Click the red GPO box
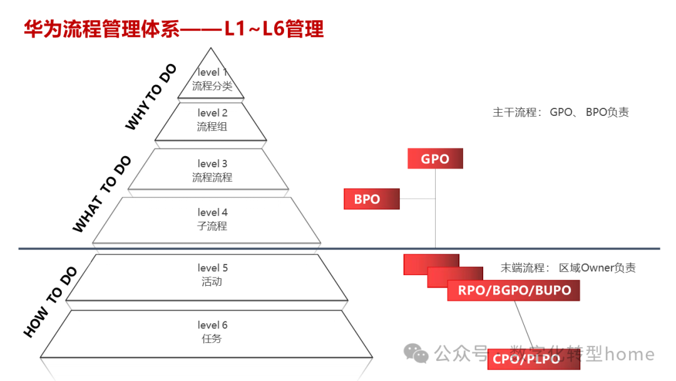[435, 159]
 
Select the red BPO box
[371, 199]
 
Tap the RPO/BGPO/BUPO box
[514, 290]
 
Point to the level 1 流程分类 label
[212, 80]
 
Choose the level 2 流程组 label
[212, 120]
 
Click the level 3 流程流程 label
[212, 170]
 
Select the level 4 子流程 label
[212, 219]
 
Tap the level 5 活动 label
[212, 275]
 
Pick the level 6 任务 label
[212, 331]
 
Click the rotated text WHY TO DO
[151, 97]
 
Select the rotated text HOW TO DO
[50, 301]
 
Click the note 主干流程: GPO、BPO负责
[560, 113]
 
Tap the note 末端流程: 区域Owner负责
[568, 268]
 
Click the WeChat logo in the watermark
[416, 353]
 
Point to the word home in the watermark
[630, 354]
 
